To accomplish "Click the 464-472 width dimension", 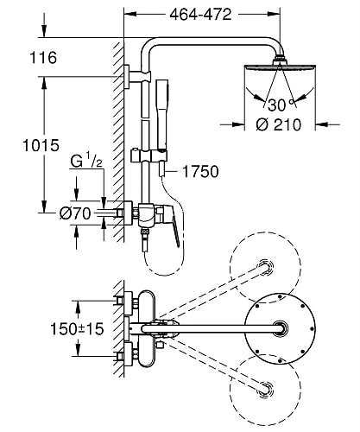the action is click(x=200, y=14).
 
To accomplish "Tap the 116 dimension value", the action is click(x=43, y=57).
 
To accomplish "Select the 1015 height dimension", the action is click(x=41, y=145).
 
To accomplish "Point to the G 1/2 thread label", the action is click(x=86, y=162).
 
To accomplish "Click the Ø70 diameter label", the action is click(x=75, y=213).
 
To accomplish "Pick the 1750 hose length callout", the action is click(x=200, y=172).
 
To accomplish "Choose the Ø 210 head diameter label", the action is click(x=279, y=124).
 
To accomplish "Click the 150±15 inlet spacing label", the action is click(x=77, y=328).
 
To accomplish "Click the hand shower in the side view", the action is click(x=162, y=115).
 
